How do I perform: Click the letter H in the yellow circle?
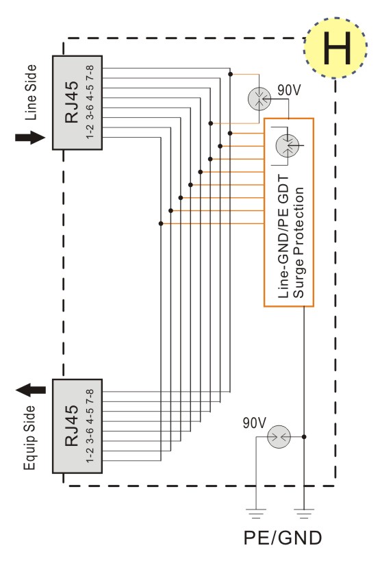(x=336, y=48)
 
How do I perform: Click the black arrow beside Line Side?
(x=30, y=138)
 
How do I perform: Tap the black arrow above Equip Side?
(x=31, y=390)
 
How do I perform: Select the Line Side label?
(x=31, y=92)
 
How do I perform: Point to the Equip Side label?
(x=30, y=438)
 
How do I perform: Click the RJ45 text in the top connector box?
(x=72, y=102)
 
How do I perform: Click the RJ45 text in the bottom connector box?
(x=72, y=425)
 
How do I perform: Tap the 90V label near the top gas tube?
(x=289, y=90)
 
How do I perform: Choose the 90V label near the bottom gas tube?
(x=255, y=423)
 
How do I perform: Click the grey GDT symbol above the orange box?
(x=259, y=99)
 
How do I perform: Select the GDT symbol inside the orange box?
(x=288, y=146)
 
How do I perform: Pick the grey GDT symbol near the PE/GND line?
(x=279, y=436)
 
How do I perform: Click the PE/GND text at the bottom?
(x=283, y=538)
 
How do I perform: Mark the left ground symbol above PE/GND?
(x=256, y=514)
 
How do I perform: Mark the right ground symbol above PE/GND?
(x=304, y=514)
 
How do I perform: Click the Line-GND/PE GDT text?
(x=283, y=237)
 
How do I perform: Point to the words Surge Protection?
(x=298, y=242)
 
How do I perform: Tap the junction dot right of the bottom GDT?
(x=304, y=436)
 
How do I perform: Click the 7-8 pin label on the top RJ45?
(x=90, y=73)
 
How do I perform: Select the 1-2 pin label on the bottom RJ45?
(x=90, y=455)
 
